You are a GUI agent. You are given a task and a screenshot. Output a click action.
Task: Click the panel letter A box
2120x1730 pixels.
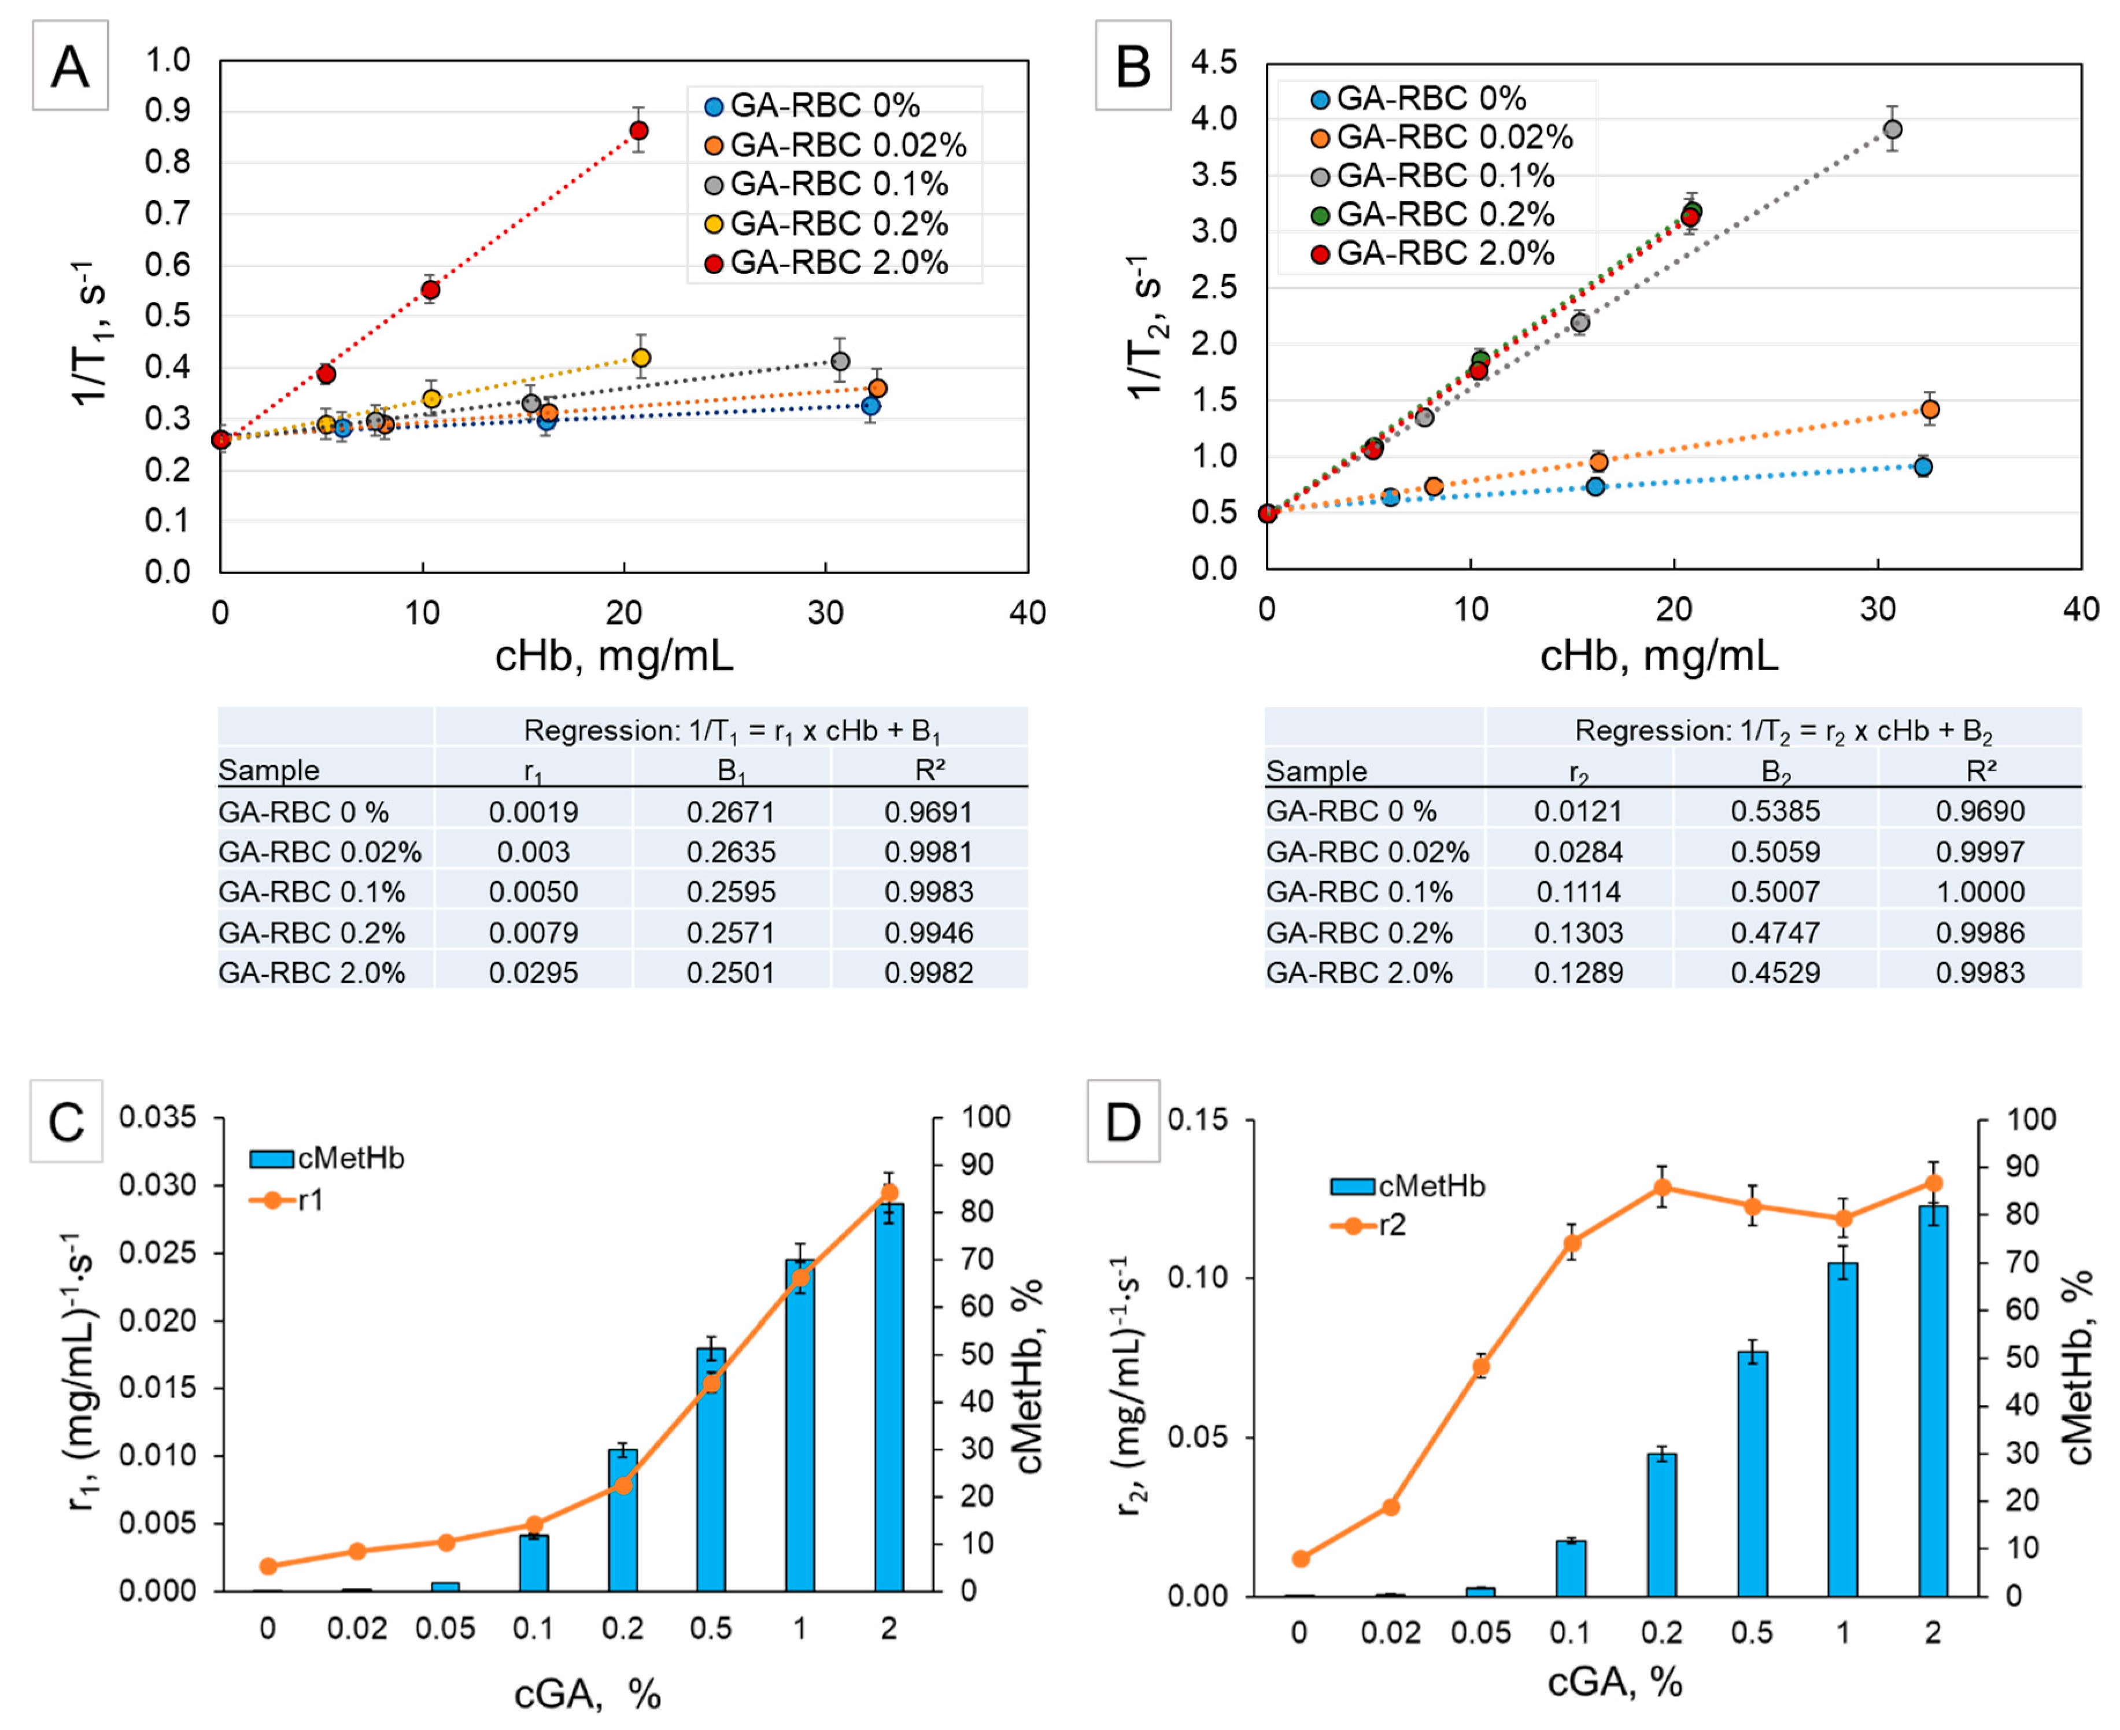click(x=70, y=66)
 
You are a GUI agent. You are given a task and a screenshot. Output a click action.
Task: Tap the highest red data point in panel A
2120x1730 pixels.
click(x=639, y=131)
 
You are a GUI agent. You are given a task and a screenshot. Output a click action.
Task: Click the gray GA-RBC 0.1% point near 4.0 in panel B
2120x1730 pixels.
click(x=1892, y=130)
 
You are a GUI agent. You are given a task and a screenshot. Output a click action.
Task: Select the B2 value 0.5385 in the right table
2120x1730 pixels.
click(x=1775, y=811)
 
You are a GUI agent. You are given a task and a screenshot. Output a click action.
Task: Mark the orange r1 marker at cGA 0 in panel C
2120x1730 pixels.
click(x=267, y=1566)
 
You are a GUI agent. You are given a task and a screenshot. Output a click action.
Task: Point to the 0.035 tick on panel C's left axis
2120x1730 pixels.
click(x=157, y=1118)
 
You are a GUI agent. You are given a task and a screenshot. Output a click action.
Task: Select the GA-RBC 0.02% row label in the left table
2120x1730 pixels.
click(x=320, y=852)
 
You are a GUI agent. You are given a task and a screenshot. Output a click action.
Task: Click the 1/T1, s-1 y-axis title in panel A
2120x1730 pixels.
click(x=92, y=333)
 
